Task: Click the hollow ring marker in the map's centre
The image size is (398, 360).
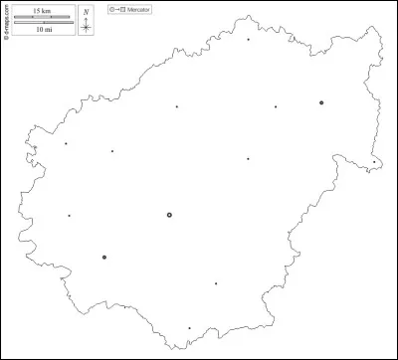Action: tap(169, 215)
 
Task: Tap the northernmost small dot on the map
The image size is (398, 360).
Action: tap(249, 40)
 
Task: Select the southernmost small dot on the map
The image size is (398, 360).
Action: tap(189, 328)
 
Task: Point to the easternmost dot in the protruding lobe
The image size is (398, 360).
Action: tap(374, 161)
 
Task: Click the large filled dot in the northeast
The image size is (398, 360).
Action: tap(321, 102)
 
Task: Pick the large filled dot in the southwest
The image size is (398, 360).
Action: tap(103, 258)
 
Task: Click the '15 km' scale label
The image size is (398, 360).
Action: tap(43, 9)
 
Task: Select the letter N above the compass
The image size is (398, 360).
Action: tap(87, 10)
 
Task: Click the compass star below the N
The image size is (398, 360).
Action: tap(87, 26)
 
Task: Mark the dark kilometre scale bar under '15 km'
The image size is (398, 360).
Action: tap(43, 17)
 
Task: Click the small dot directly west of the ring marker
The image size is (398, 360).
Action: tap(69, 216)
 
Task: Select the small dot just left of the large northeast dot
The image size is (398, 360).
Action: tap(276, 106)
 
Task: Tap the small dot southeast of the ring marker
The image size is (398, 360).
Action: tap(215, 283)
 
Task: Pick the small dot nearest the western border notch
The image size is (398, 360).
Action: tap(66, 143)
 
